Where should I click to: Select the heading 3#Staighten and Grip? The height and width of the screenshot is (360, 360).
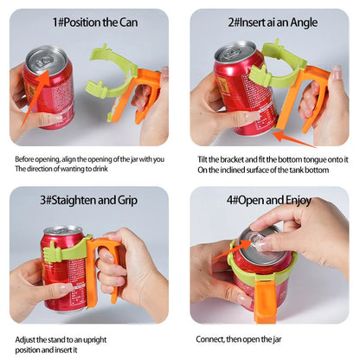click(89, 199)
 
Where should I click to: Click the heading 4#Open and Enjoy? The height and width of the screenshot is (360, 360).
click(269, 199)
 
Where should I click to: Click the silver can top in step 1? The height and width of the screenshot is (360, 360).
click(45, 60)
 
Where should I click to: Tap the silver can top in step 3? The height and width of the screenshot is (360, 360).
click(61, 232)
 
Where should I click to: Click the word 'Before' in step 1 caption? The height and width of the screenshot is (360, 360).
click(27, 158)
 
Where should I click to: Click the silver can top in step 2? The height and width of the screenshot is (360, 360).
click(235, 51)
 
